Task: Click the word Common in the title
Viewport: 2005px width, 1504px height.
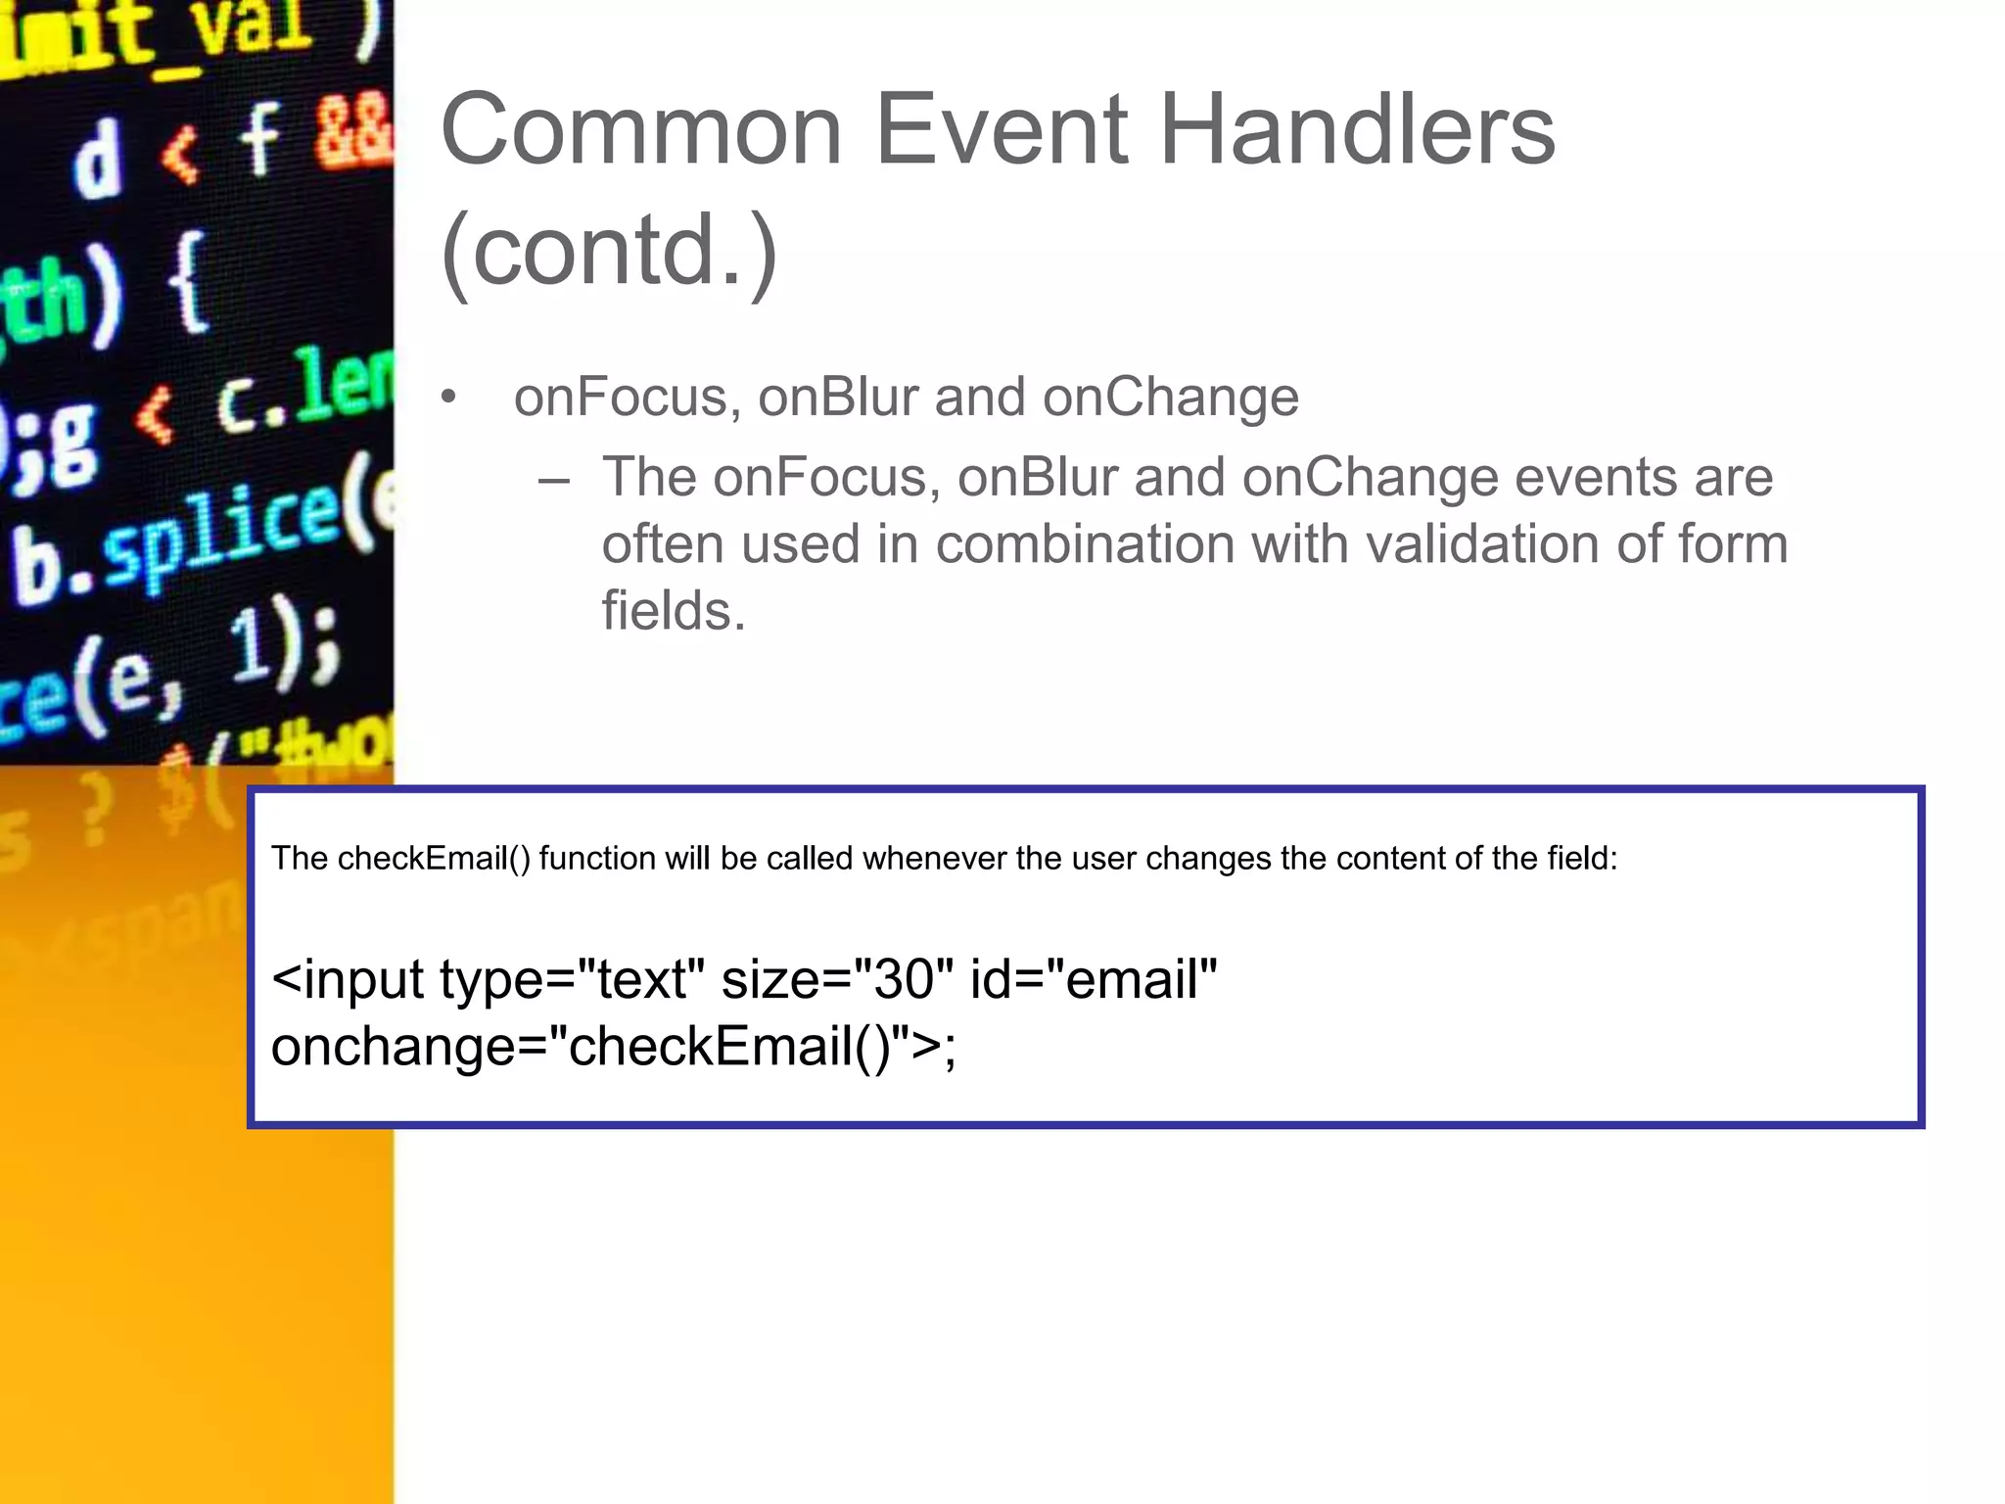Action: pyautogui.click(x=641, y=130)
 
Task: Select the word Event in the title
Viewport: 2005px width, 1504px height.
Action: pyautogui.click(x=1003, y=130)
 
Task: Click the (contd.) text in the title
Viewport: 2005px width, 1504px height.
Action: pyautogui.click(x=609, y=252)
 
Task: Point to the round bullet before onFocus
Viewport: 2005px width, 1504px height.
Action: pyautogui.click(x=448, y=398)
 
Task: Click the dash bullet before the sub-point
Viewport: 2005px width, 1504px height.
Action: pyautogui.click(x=554, y=480)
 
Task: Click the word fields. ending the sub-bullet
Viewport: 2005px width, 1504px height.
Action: pyautogui.click(x=674, y=611)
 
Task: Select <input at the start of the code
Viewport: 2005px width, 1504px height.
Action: pyautogui.click(x=348, y=979)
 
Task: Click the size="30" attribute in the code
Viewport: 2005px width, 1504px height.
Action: pyautogui.click(x=837, y=979)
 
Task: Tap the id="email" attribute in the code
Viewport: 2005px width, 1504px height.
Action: pyautogui.click(x=1094, y=979)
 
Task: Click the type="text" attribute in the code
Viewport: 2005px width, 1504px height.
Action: pyautogui.click(x=573, y=979)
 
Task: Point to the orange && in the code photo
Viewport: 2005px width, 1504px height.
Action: pyautogui.click(x=354, y=137)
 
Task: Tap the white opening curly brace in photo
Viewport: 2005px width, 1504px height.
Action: pyautogui.click(x=188, y=282)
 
